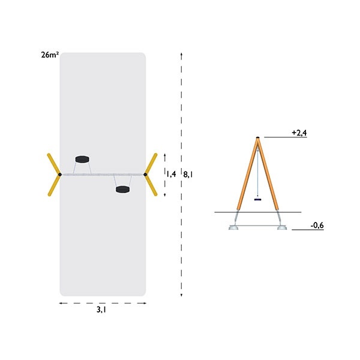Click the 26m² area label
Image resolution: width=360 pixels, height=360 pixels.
(x=50, y=55)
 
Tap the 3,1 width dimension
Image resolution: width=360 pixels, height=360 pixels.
(x=101, y=310)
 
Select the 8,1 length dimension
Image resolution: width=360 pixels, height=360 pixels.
(x=188, y=175)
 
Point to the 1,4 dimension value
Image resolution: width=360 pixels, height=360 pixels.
(x=171, y=174)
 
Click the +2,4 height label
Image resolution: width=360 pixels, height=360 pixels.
(x=299, y=133)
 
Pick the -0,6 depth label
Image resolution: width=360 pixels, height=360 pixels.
(x=317, y=226)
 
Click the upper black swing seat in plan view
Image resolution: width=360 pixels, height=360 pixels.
(x=82, y=160)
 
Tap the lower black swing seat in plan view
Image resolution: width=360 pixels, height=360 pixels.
(x=122, y=190)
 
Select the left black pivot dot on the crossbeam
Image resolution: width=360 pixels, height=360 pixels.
(x=60, y=175)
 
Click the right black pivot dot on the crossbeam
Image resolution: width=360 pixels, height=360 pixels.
(x=145, y=175)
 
